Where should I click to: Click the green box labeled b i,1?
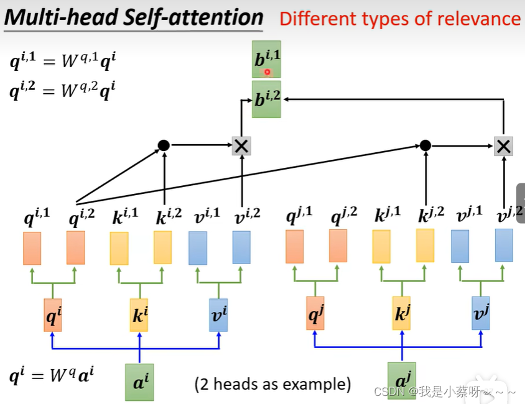click(x=266, y=59)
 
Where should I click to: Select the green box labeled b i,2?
click(x=266, y=99)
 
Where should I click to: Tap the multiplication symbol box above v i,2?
click(x=241, y=146)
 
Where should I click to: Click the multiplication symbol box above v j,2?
click(x=503, y=146)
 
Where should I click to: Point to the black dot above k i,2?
click(x=164, y=145)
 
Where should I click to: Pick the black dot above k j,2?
click(x=425, y=145)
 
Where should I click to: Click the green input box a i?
click(x=139, y=382)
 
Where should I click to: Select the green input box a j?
click(x=402, y=380)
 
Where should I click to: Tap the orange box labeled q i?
click(x=53, y=315)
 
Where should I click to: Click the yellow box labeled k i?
click(x=139, y=315)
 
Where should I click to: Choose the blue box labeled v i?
click(x=218, y=315)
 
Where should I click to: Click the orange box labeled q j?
click(x=315, y=313)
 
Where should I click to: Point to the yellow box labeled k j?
click(x=401, y=313)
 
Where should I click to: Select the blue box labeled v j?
click(x=481, y=313)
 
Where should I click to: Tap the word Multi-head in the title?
click(x=62, y=17)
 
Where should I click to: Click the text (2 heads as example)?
click(x=272, y=384)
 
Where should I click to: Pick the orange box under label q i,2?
click(x=76, y=248)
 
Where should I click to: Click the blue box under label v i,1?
click(x=198, y=248)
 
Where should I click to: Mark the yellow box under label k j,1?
click(x=381, y=247)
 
